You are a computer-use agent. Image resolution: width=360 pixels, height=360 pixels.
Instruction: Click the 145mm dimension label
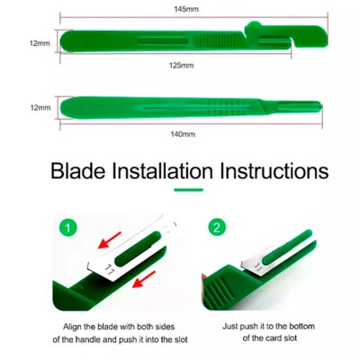[x=186, y=9]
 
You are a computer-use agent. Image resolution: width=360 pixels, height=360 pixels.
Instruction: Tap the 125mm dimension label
[x=181, y=65]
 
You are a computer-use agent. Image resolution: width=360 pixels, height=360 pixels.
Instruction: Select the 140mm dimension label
[x=183, y=134]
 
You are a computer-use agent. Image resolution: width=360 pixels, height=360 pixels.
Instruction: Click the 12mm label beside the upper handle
[x=40, y=43]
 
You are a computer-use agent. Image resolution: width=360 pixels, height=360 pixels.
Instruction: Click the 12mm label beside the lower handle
[x=40, y=107]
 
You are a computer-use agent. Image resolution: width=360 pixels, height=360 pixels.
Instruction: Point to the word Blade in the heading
[x=78, y=171]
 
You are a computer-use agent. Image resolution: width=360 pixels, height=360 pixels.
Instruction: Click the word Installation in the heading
[x=162, y=171]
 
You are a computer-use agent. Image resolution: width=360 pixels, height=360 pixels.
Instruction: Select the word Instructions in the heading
[x=274, y=171]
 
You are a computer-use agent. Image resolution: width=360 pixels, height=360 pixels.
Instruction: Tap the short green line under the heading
[x=188, y=190]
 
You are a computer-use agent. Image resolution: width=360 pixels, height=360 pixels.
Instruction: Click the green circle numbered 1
[x=67, y=229]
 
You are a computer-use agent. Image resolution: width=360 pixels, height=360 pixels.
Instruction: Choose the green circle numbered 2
[x=217, y=228]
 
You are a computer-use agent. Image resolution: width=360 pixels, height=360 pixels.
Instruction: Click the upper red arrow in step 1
[x=110, y=239]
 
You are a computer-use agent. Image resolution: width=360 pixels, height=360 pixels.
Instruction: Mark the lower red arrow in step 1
[x=144, y=279]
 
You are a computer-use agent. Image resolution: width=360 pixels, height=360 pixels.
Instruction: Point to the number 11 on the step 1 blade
[x=109, y=269]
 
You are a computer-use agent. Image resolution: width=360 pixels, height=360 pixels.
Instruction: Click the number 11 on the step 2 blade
[x=258, y=266]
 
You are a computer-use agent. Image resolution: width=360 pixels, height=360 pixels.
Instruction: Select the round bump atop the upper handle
[x=254, y=24]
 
